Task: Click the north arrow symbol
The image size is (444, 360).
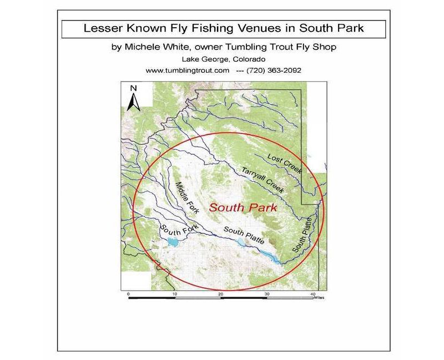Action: (134, 101)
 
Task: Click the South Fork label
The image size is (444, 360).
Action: (174, 231)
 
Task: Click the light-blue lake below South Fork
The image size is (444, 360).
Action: (171, 242)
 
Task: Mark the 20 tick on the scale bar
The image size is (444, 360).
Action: (221, 294)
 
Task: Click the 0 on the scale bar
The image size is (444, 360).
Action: (128, 294)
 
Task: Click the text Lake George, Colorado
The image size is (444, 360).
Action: (222, 59)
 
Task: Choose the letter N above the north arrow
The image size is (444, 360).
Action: (134, 88)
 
